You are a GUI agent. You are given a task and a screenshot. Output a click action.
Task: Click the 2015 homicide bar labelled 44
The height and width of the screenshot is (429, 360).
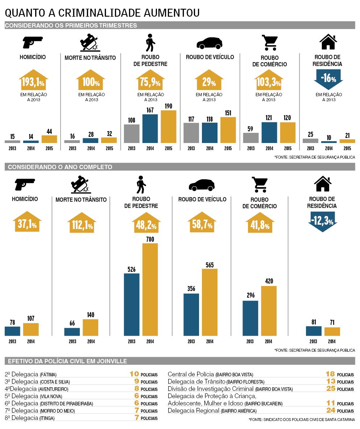tap(49, 139)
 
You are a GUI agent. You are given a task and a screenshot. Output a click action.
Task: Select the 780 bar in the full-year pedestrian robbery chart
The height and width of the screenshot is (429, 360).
tap(150, 289)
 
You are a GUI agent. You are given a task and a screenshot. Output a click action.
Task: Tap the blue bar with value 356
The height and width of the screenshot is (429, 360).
tap(191, 314)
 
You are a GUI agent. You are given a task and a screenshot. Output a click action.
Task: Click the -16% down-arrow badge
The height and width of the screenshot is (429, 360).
tap(328, 79)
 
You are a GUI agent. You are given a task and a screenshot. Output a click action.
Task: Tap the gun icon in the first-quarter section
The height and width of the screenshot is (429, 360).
tap(33, 42)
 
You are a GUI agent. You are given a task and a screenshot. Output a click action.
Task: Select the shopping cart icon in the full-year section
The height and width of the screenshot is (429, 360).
tap(259, 184)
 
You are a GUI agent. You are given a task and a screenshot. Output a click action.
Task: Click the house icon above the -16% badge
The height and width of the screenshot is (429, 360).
tap(328, 42)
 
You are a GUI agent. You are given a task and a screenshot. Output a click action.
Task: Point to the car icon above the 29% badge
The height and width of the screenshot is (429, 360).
tap(209, 42)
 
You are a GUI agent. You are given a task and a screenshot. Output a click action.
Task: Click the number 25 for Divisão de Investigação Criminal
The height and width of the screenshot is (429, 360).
tap(330, 389)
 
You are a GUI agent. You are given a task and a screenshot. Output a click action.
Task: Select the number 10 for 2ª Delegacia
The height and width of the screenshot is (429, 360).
tap(134, 374)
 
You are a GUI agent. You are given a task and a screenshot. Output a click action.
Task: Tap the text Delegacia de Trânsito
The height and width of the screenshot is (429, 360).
tap(196, 381)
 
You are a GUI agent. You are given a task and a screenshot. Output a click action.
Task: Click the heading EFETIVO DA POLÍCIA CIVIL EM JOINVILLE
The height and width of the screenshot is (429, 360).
tap(67, 361)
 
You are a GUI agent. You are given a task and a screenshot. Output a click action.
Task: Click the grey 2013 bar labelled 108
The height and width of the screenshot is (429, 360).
tap(132, 133)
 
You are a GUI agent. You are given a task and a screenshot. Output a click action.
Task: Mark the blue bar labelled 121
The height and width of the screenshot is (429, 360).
tap(269, 132)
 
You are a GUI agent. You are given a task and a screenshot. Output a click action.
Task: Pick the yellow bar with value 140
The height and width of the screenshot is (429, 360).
tap(90, 327)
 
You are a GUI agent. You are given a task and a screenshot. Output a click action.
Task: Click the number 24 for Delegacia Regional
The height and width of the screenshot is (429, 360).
tap(330, 410)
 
